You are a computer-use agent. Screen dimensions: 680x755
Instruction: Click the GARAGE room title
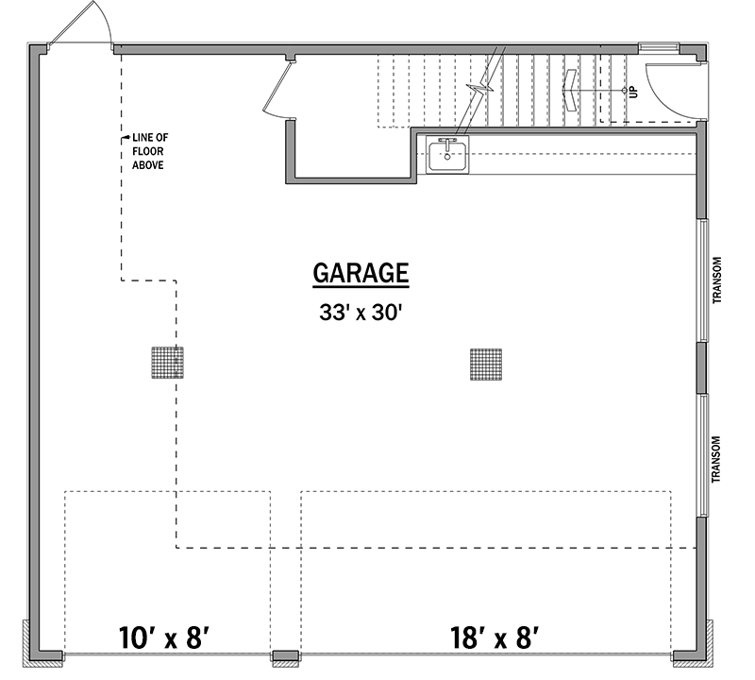click(x=361, y=274)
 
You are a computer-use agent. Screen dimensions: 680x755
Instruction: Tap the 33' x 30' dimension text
click(x=361, y=313)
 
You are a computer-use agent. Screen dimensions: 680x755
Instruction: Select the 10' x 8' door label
click(x=164, y=635)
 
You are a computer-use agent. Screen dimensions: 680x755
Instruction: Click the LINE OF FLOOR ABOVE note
click(x=149, y=152)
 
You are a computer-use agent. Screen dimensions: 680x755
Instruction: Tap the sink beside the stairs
click(x=447, y=154)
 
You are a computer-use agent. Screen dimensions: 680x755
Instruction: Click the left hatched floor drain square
click(x=167, y=363)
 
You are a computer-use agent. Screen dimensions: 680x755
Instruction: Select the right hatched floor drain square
click(x=486, y=364)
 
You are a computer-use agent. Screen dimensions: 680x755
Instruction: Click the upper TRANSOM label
click(x=717, y=280)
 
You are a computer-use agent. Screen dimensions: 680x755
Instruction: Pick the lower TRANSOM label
click(x=717, y=459)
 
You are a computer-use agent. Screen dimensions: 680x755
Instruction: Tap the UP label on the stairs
click(x=633, y=92)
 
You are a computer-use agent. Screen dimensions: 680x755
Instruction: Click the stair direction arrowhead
click(x=572, y=91)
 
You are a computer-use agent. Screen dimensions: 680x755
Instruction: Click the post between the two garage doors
click(x=284, y=655)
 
